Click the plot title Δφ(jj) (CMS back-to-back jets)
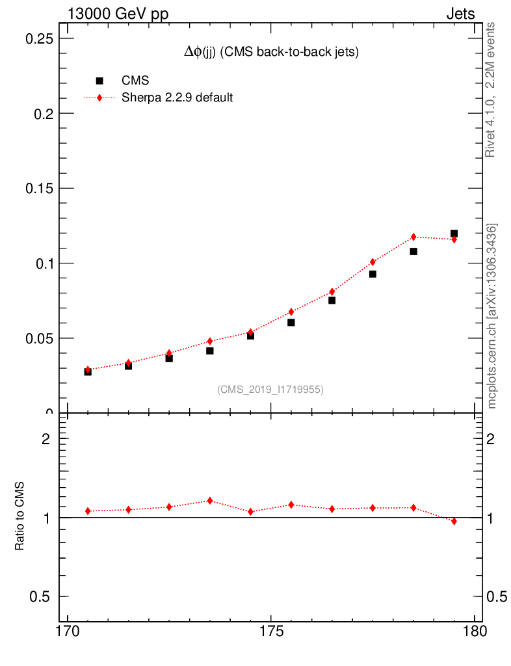[x=271, y=53]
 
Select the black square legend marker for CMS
[x=99, y=81]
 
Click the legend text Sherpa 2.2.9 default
[x=177, y=98]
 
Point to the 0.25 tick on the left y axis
[x=38, y=38]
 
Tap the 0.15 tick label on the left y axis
[x=38, y=189]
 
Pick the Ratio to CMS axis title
[x=20, y=516]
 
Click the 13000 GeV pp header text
[x=118, y=14]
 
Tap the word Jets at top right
[x=460, y=14]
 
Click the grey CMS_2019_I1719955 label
[x=270, y=389]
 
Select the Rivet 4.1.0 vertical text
[x=491, y=90]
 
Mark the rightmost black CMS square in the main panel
[x=454, y=233]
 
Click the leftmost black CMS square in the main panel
[x=88, y=371]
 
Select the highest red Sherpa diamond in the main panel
[x=413, y=237]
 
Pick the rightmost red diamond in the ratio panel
[x=454, y=521]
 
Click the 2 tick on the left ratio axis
[x=46, y=439]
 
